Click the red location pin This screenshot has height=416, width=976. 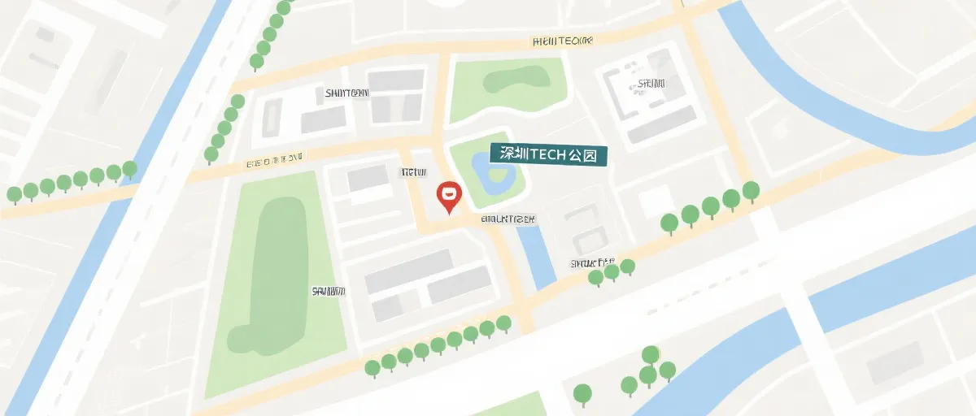click(449, 196)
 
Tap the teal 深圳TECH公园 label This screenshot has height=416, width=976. click(542, 154)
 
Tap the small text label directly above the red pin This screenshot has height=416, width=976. click(412, 172)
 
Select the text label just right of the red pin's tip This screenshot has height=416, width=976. click(508, 219)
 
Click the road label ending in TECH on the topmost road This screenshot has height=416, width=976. click(562, 41)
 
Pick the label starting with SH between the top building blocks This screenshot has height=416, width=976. click(346, 93)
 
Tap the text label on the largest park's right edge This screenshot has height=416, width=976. click(329, 291)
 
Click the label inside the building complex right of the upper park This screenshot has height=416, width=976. click(651, 83)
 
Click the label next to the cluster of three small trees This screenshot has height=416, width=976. click(591, 263)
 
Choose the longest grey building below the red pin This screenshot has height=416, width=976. click(408, 271)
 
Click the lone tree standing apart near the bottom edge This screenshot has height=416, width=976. click(582, 395)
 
